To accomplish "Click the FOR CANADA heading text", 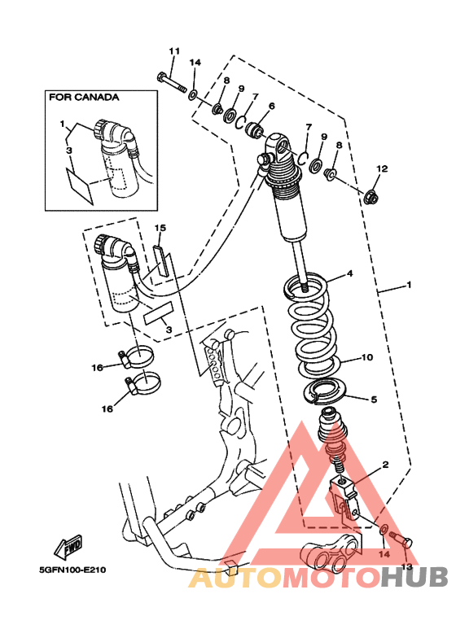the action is point(84,98).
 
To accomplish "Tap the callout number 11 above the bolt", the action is point(174,51).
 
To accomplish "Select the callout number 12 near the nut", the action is point(382,168).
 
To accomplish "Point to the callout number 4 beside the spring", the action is point(350,273).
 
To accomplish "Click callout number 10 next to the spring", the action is point(367,357).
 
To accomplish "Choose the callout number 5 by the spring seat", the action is point(374,400).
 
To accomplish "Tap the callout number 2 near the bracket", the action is point(385,465).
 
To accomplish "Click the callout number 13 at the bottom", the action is point(406,567).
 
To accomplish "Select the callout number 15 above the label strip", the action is point(160,228).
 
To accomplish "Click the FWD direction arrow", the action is point(68,547).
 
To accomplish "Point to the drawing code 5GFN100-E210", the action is point(72,570).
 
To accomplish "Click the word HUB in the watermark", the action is point(414,577).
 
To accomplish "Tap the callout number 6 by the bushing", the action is point(272,106).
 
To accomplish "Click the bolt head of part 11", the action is point(162,76).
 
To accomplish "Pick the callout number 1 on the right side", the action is point(409,285).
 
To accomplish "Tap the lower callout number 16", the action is point(107,408).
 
